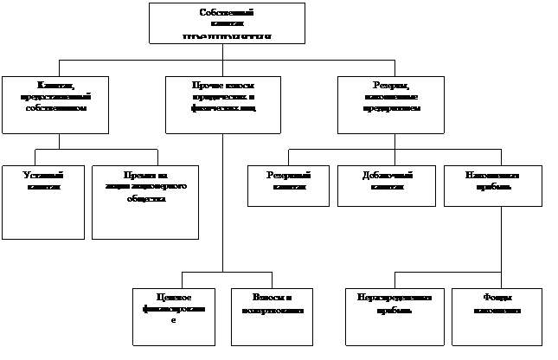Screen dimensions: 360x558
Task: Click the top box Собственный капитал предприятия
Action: tap(227, 23)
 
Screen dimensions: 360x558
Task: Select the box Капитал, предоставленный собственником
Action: tap(55, 105)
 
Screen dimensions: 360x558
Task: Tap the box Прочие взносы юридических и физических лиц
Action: tap(223, 105)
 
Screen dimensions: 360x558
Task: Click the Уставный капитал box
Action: tap(43, 202)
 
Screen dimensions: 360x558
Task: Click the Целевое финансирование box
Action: tap(173, 317)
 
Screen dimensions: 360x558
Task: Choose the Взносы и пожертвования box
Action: tap(272, 317)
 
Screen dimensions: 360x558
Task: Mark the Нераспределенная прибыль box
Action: tap(394, 317)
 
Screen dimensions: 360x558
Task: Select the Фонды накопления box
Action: tap(497, 317)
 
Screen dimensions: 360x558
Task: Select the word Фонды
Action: tap(497, 298)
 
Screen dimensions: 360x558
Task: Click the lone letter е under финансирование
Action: tap(173, 320)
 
